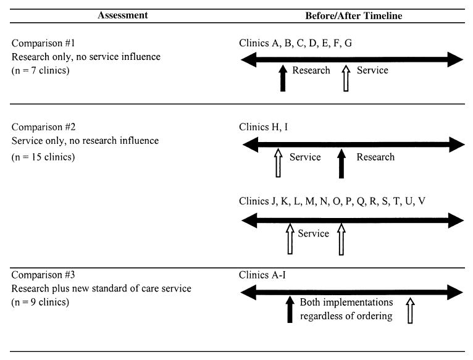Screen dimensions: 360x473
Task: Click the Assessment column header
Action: coord(122,15)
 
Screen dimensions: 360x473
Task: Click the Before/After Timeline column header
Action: coord(353,15)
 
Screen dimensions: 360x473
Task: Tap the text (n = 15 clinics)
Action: coord(45,157)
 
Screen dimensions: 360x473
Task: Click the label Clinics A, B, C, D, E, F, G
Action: coord(296,43)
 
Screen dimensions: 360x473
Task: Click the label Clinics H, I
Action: coord(263,127)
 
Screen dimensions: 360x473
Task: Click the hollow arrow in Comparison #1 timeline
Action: coord(346,78)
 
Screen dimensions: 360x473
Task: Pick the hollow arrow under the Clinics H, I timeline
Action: coord(278,164)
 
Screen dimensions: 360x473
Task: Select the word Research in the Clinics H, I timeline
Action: coord(375,157)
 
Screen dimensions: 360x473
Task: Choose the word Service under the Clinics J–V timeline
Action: coord(313,233)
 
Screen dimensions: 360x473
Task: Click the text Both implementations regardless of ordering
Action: coord(346,309)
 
